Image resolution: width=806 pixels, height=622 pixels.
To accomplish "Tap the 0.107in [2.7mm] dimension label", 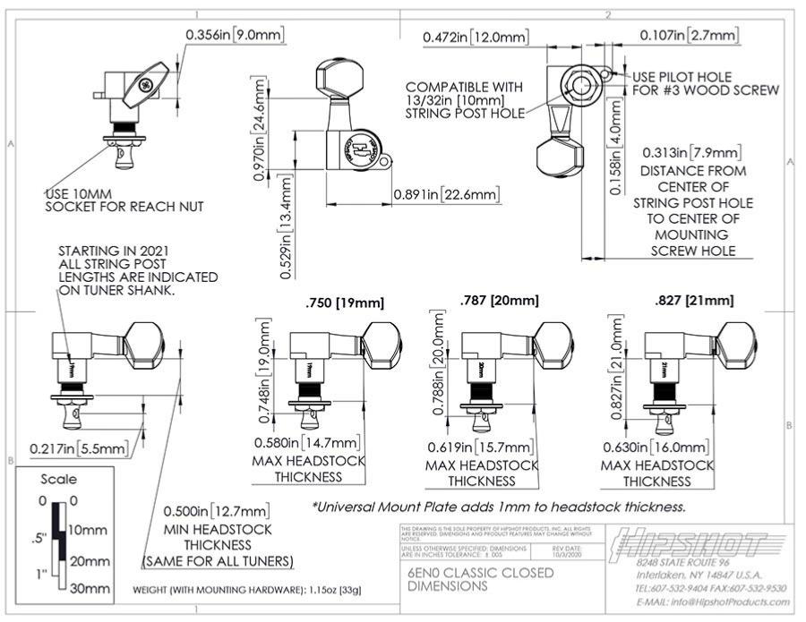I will (690, 35).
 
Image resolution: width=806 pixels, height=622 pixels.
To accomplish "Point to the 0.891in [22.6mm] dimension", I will (446, 195).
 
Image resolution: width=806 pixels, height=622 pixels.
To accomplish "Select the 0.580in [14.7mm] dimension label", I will (307, 442).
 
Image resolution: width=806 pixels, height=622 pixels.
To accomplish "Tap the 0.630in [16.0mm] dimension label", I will (657, 447).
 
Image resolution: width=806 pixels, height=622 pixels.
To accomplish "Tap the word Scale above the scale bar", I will (58, 479).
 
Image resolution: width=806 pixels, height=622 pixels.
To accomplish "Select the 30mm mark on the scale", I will (90, 588).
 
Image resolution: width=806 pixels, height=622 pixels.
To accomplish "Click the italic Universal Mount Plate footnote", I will (499, 507).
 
